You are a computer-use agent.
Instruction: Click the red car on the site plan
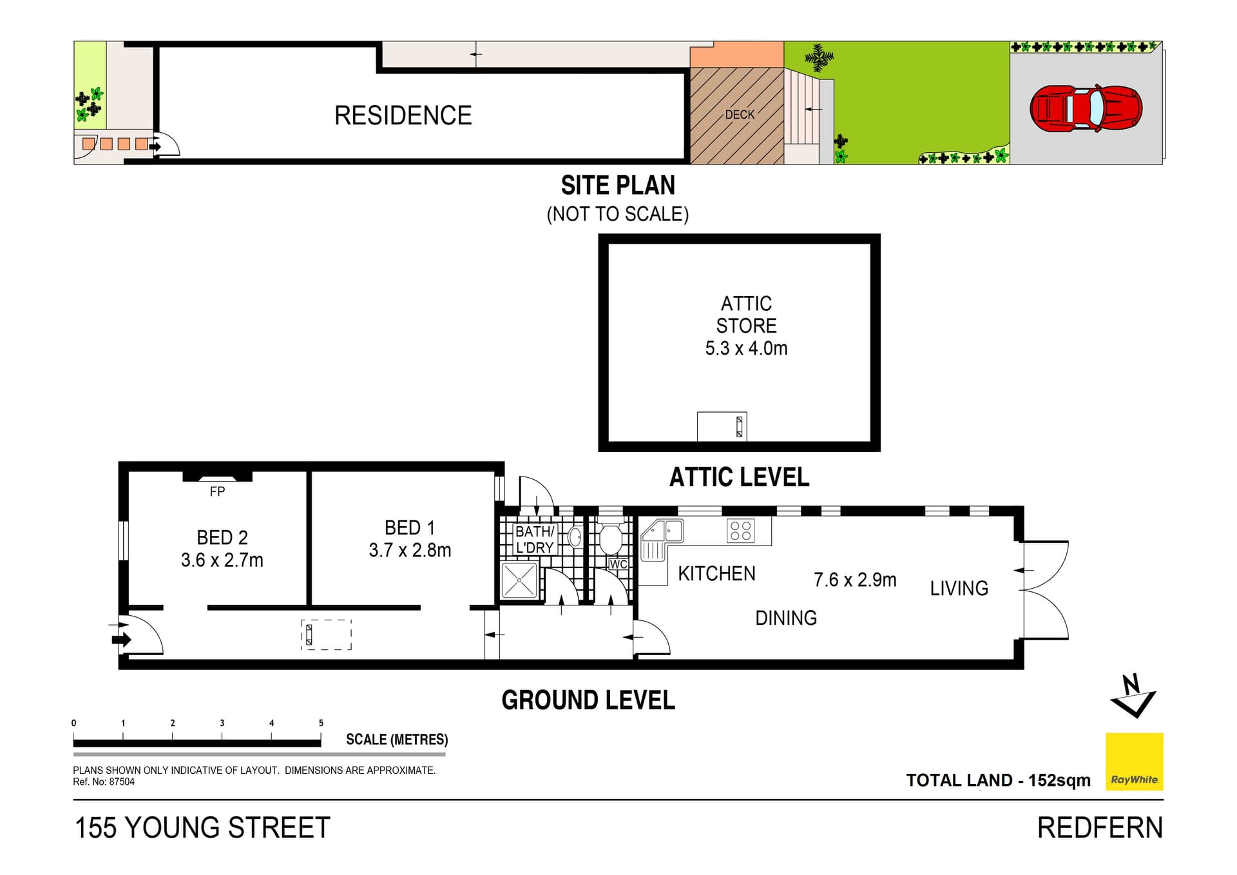tap(1086, 108)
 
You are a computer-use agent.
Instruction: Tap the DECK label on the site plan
tap(740, 115)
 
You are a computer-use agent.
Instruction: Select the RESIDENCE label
tap(403, 116)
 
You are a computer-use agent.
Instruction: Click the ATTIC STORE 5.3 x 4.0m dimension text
tap(746, 348)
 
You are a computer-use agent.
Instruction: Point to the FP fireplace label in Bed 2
tap(217, 491)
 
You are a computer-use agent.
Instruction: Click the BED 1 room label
tap(410, 527)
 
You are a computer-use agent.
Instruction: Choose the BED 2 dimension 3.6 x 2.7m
tap(222, 560)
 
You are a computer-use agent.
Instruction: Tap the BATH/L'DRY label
tap(535, 540)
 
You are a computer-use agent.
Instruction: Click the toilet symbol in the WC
tap(611, 538)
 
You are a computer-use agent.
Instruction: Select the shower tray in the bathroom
tap(519, 580)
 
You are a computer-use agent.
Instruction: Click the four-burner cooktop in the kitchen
tap(740, 531)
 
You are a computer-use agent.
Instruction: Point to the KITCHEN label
tap(716, 573)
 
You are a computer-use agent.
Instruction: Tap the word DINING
tap(786, 618)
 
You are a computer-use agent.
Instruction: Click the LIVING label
tap(959, 588)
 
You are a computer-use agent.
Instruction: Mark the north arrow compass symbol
tap(1133, 696)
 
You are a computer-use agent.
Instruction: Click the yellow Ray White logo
tap(1135, 762)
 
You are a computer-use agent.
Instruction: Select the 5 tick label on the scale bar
tap(321, 723)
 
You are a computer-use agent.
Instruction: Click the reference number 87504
tap(122, 782)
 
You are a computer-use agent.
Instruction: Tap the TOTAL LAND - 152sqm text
tap(998, 780)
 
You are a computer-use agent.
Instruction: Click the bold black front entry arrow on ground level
tap(122, 640)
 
